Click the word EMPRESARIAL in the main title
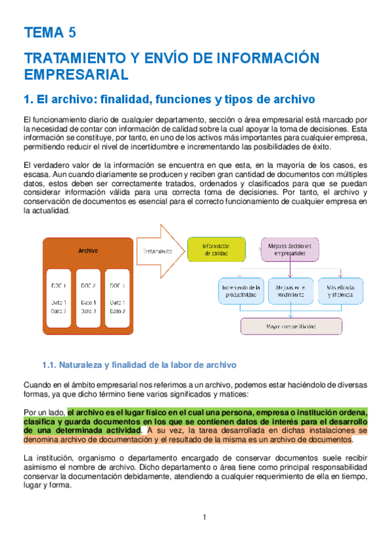[x=76, y=74]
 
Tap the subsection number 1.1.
[x=51, y=364]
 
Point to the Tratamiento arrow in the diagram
[x=159, y=250]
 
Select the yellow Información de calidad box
[x=215, y=250]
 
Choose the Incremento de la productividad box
[x=242, y=291]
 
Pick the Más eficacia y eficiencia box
[x=341, y=291]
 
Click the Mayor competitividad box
[x=291, y=325]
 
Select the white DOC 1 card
[x=59, y=297]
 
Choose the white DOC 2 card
[x=88, y=297]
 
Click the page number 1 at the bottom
[x=204, y=517]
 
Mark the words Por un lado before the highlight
[x=44, y=413]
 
